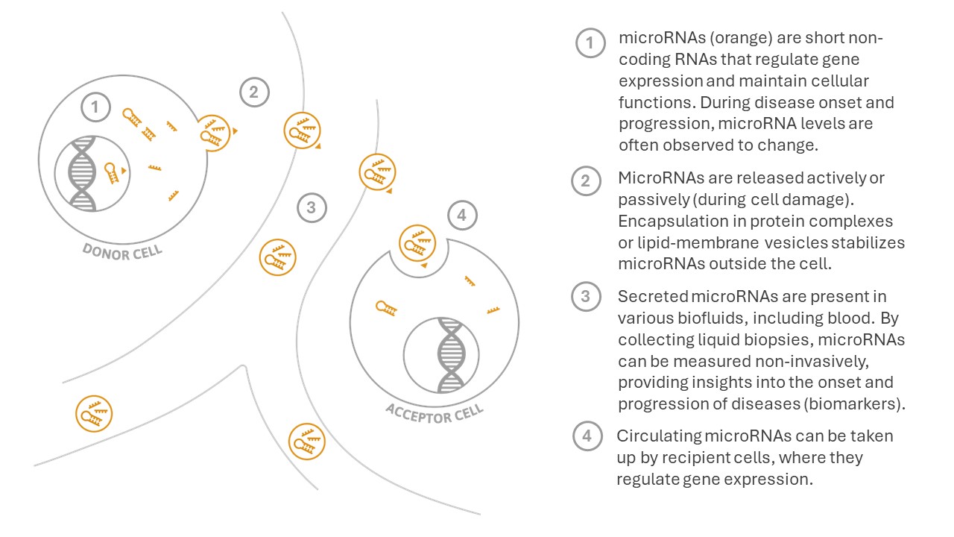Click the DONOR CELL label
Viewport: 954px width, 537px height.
(122, 252)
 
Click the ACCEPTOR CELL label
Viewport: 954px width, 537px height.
(435, 414)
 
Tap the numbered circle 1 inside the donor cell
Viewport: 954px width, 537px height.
(95, 107)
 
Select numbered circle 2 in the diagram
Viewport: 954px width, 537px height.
(254, 92)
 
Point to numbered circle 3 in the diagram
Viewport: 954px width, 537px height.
(312, 208)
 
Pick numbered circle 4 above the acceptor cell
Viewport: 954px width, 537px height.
(463, 216)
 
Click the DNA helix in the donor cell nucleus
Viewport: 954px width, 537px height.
(82, 174)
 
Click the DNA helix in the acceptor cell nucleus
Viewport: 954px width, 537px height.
(452, 355)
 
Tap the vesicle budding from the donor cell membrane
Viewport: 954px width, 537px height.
(215, 133)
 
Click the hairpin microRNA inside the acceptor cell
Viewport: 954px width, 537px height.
(386, 308)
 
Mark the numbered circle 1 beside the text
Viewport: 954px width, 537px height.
(590, 43)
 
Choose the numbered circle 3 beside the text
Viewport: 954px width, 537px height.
(586, 296)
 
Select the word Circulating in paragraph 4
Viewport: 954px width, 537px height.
(658, 436)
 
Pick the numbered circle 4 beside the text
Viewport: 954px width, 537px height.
(587, 436)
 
